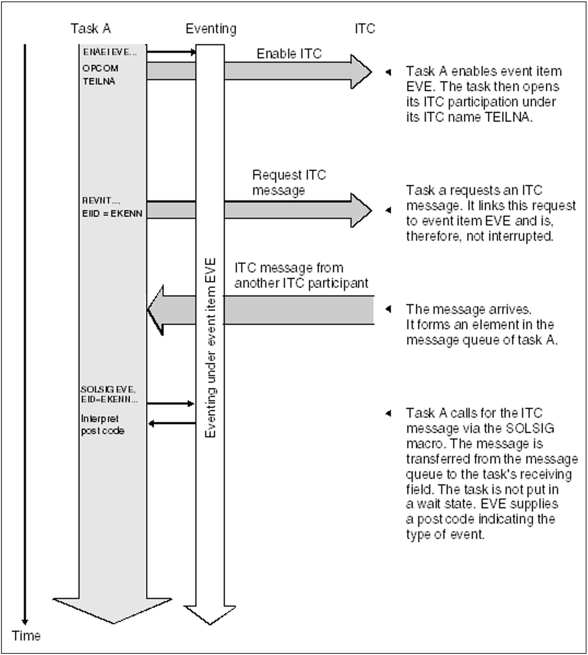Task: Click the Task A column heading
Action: coord(91,29)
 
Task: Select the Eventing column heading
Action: coord(211,29)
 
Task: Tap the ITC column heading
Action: coord(365,29)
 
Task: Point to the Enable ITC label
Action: coord(289,54)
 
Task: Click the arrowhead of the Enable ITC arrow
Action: coord(361,72)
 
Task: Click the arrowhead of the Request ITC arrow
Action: coord(361,210)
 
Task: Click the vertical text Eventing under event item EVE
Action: coord(210,347)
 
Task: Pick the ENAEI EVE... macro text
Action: coord(110,52)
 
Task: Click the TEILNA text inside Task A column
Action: coord(99,81)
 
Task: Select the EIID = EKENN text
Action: coord(112,213)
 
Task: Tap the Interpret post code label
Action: coord(102,425)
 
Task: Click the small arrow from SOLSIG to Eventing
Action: coord(170,403)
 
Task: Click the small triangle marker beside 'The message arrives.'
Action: coord(388,309)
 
